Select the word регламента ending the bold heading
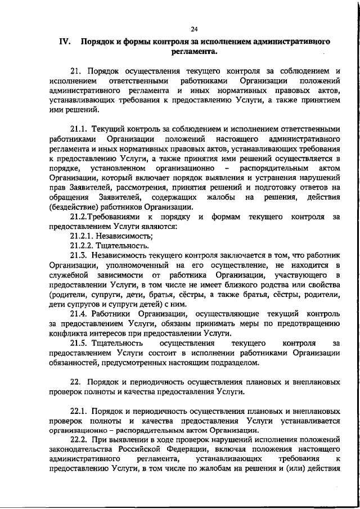(193, 52)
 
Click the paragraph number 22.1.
(78, 410)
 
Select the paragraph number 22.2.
(78, 439)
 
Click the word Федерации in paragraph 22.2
(183, 449)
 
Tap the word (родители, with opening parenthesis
(66, 294)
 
